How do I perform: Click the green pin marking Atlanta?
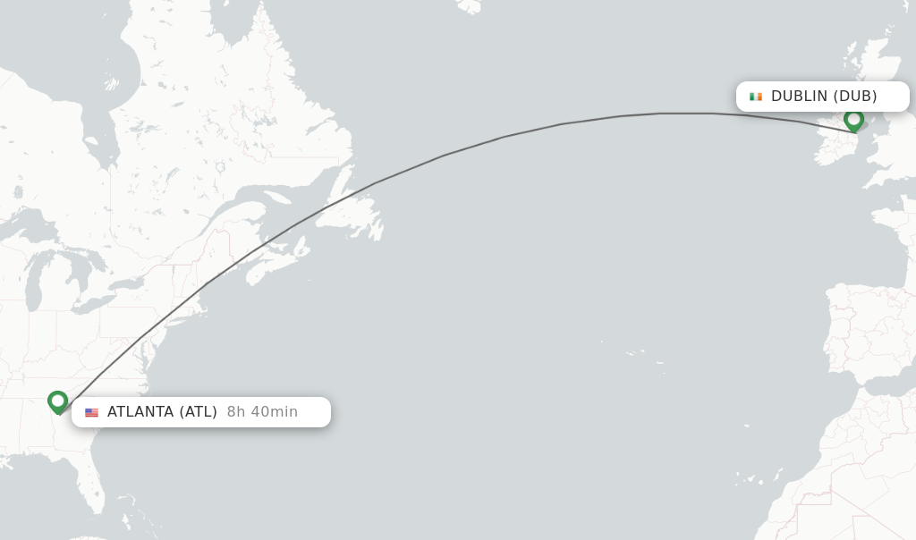[x=58, y=401]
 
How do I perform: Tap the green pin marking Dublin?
[x=853, y=119]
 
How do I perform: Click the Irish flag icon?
[x=756, y=97]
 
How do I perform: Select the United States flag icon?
[x=91, y=412]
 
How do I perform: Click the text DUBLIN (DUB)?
[x=824, y=97]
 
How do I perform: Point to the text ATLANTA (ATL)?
[x=162, y=412]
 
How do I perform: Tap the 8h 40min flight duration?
[x=262, y=412]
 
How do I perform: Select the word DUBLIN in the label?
[x=799, y=97]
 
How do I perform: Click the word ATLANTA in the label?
[x=140, y=412]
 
